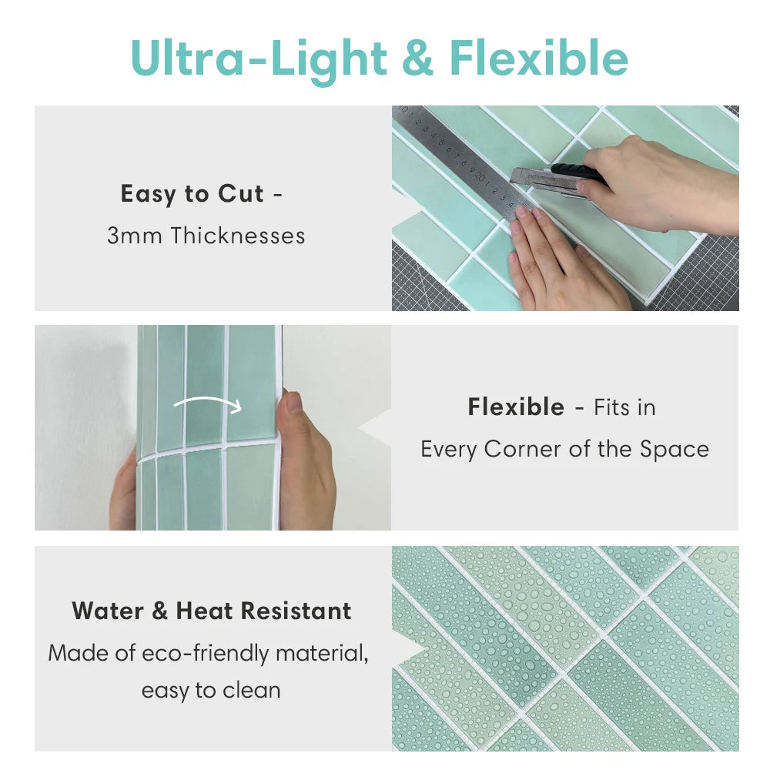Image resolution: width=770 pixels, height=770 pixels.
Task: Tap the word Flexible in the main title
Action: click(539, 58)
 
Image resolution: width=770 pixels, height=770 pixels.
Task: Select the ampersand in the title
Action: click(417, 59)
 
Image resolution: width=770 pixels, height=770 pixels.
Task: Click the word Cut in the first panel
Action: click(240, 194)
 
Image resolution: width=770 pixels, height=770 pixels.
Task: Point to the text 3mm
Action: click(135, 235)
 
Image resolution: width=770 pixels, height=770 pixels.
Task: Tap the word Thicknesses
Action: click(238, 235)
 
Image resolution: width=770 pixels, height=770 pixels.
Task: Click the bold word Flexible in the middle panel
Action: click(516, 407)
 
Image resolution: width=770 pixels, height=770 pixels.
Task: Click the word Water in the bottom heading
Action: click(109, 611)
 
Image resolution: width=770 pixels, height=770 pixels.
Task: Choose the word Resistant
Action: click(296, 611)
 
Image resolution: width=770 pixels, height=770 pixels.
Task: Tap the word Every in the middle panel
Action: click(448, 449)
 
